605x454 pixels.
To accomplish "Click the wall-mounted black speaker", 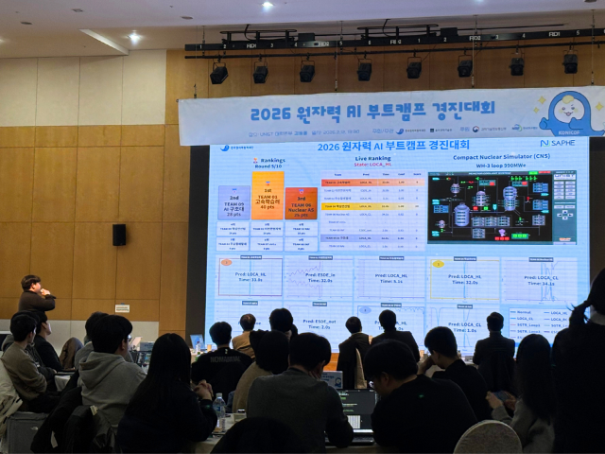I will [119, 235].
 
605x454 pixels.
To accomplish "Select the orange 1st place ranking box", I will [268, 196].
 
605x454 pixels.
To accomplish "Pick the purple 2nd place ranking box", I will [233, 202].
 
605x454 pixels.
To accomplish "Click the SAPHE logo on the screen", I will [558, 143].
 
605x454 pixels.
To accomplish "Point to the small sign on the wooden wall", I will [122, 308].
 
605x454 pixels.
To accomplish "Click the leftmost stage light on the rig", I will [218, 73].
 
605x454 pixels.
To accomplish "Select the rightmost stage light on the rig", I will [570, 62].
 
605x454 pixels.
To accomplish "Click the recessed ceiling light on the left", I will [134, 37].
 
